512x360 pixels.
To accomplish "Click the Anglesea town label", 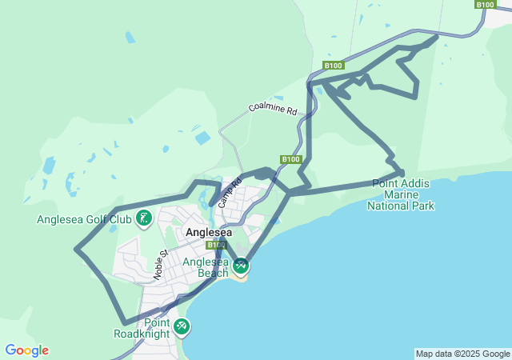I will (209, 233).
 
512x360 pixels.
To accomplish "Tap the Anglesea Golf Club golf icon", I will (144, 217).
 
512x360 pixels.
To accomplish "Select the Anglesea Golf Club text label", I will (84, 219).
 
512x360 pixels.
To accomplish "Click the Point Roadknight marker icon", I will (182, 326).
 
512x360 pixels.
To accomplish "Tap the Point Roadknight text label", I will (141, 328).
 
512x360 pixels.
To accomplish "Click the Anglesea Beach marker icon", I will (241, 265).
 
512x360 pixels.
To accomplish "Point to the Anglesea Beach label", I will (206, 267).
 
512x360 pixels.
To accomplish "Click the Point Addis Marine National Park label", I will (400, 194).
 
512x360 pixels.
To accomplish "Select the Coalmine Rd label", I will (272, 109).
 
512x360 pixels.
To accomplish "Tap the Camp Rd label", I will (230, 193).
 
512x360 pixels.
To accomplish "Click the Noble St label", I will (158, 264).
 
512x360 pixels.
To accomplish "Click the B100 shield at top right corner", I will (486, 5).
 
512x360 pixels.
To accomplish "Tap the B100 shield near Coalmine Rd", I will (334, 66).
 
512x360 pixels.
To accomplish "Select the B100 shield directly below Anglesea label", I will (216, 245).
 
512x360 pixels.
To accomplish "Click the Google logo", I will (26, 350).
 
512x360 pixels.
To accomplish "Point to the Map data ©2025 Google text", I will (462, 354).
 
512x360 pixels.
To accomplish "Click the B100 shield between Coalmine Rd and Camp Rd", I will (290, 159).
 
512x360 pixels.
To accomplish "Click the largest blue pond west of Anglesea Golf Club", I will (50, 166).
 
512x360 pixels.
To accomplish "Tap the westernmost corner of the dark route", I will (76, 249).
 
